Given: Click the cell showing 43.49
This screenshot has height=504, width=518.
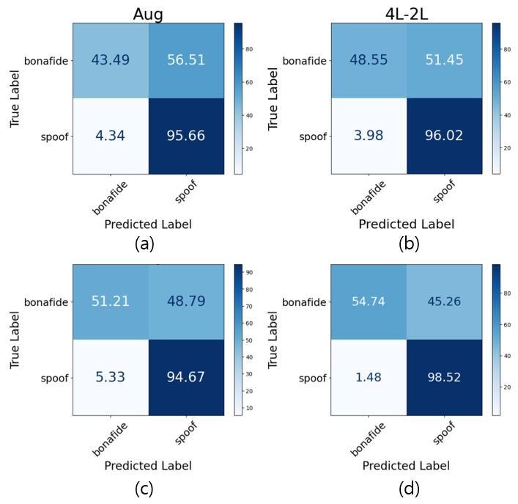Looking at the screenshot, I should (x=110, y=59).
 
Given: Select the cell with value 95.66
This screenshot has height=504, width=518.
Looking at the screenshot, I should (x=186, y=136).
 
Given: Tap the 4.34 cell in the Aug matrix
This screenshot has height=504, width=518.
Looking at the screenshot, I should (x=110, y=136).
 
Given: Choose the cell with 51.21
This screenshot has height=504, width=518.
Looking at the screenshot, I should (x=110, y=302).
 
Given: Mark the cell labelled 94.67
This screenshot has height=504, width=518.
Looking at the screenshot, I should (x=186, y=378).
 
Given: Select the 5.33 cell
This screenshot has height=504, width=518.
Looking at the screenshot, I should (x=110, y=378).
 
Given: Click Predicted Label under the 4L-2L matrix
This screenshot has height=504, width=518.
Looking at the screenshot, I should (x=406, y=224).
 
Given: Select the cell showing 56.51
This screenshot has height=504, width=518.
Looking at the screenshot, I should (x=186, y=59).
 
